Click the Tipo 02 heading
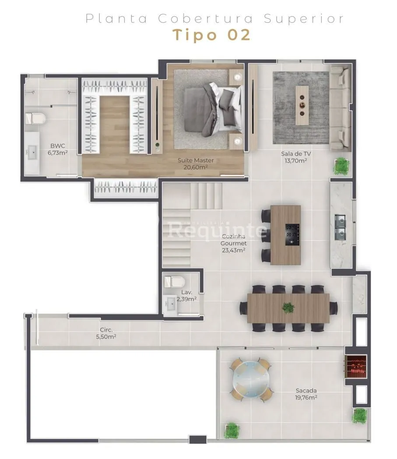point(211,35)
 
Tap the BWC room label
point(57,146)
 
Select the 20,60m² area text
point(196,167)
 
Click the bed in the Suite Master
point(214,109)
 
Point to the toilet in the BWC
point(35,118)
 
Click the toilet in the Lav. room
point(174,282)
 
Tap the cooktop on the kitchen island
point(292,234)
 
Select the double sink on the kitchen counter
point(340,227)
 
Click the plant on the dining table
point(288,308)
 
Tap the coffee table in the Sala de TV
point(302,105)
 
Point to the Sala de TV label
point(296,154)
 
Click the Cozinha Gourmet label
point(233,240)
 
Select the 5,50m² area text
point(106,337)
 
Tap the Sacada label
point(306,390)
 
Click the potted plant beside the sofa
point(341,166)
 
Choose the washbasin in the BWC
point(32,153)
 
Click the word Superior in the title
point(304,19)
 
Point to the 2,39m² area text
point(186,299)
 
